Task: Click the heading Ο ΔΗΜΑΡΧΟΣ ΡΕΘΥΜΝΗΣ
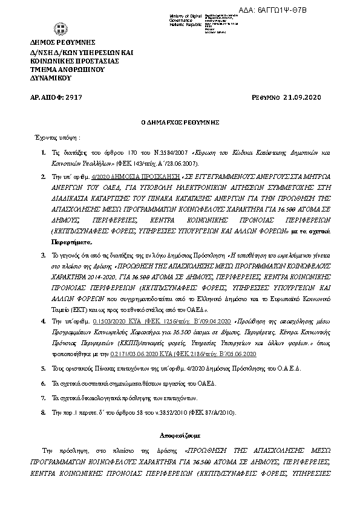pyautogui.click(x=180, y=122)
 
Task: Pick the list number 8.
pyautogui.click(x=43, y=412)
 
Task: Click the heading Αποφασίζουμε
pyautogui.click(x=180, y=435)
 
